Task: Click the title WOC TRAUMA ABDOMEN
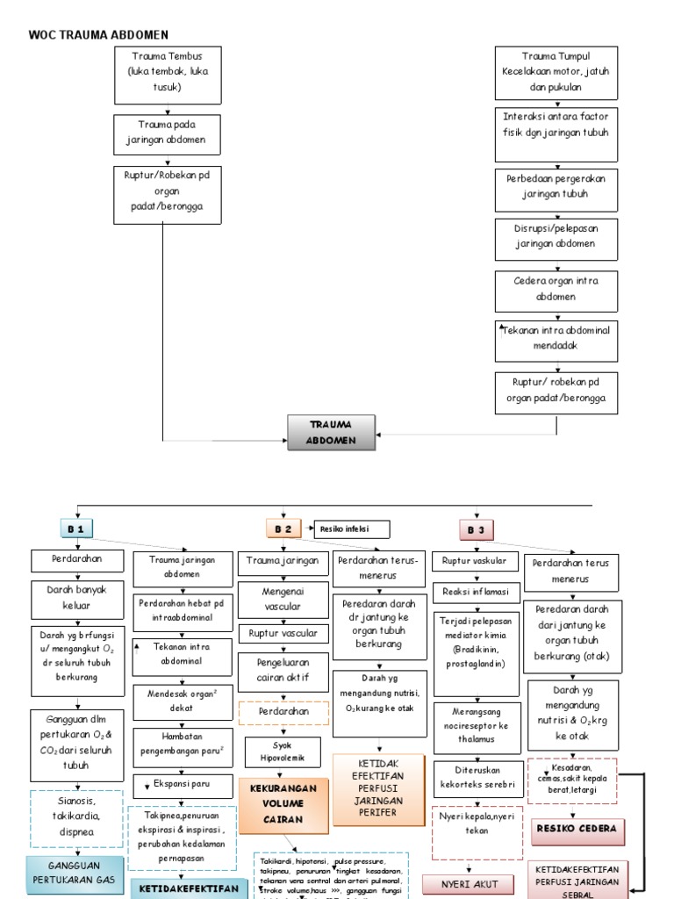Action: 98,35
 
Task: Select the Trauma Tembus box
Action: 167,75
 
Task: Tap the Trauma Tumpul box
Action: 556,75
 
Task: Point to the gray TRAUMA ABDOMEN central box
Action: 332,432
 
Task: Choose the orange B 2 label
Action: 283,529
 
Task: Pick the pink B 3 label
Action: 476,529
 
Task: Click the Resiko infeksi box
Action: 352,529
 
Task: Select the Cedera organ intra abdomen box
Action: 556,291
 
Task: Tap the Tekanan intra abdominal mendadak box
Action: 556,340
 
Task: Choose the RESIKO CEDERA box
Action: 575,828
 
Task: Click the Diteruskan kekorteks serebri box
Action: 478,776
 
